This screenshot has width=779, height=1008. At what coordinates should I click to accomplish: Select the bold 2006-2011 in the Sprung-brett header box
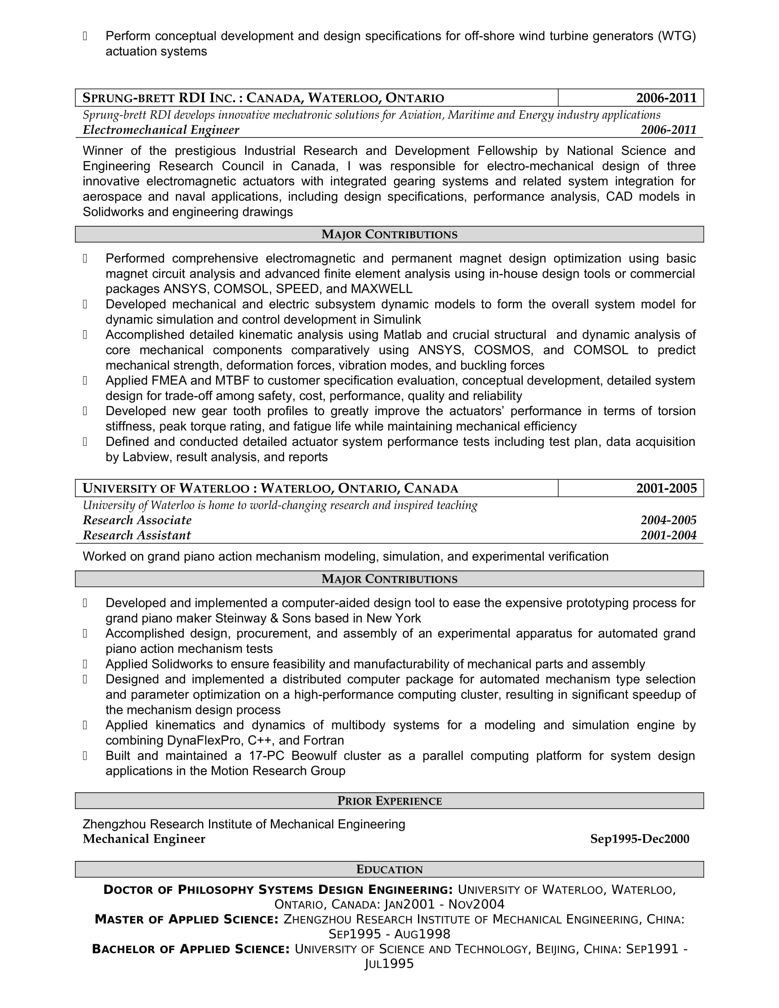click(666, 98)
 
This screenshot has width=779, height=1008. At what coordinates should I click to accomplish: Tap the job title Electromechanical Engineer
click(160, 130)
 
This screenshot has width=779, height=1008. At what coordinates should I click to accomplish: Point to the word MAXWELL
click(381, 289)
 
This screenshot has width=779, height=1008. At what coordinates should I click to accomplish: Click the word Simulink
click(397, 319)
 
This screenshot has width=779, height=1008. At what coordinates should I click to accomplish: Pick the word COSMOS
click(503, 350)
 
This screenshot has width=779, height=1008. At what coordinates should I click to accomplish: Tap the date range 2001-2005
click(666, 488)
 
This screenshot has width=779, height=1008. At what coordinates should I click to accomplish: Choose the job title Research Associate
click(137, 520)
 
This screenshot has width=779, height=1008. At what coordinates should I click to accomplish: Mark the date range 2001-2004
click(668, 535)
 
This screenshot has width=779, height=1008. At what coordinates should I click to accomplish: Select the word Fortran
click(324, 740)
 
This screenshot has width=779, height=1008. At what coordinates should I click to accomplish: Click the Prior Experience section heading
click(389, 801)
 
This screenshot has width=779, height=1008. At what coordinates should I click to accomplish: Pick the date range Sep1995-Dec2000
click(639, 839)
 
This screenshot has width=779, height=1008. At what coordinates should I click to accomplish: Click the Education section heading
click(389, 870)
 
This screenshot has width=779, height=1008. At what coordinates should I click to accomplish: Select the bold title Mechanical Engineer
click(144, 839)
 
